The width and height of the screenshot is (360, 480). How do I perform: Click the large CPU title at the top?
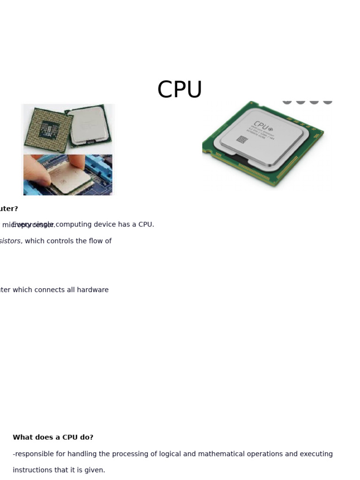click(180, 90)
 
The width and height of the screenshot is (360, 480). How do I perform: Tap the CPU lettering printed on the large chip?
click(261, 126)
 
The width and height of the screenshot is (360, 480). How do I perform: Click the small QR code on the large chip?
click(242, 139)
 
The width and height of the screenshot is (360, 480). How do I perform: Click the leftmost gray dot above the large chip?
click(287, 101)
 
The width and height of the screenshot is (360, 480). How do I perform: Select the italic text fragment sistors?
click(10, 241)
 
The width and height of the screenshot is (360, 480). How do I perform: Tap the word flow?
click(97, 241)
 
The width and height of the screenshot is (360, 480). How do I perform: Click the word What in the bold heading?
click(22, 437)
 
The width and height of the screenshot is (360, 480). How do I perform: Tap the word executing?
click(316, 454)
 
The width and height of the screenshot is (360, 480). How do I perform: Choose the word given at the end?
click(95, 470)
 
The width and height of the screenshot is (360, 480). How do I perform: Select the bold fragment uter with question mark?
click(9, 209)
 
